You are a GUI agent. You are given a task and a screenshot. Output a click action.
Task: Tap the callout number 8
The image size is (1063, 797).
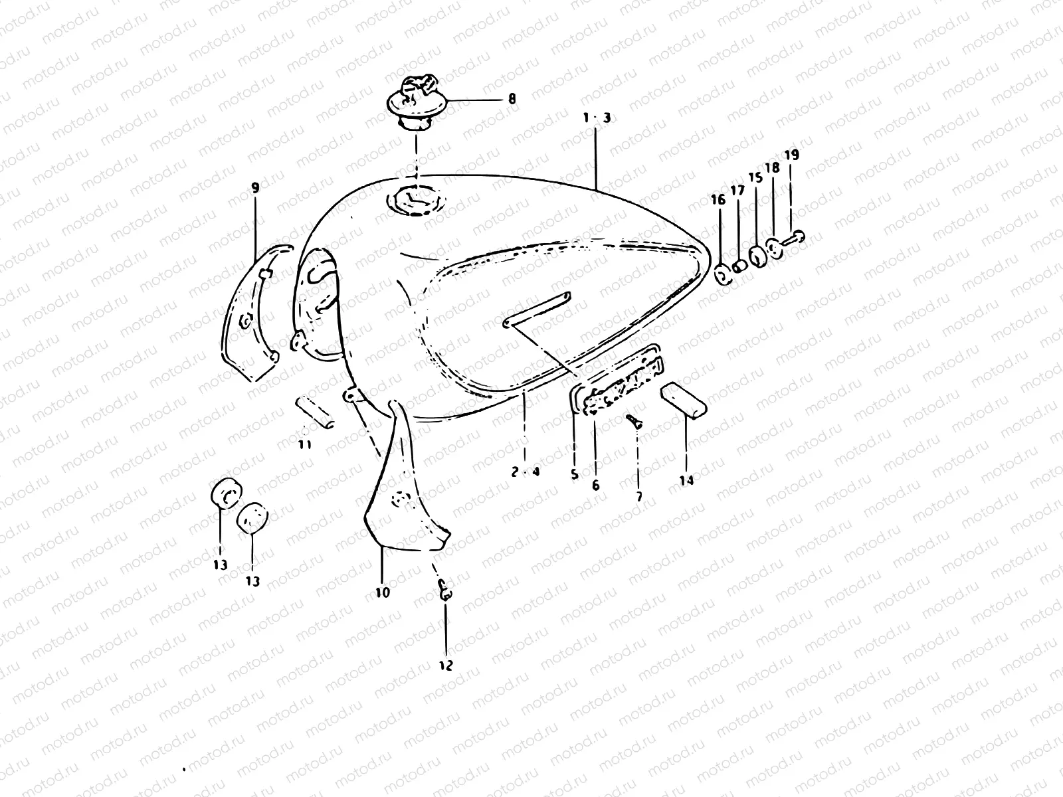[512, 100]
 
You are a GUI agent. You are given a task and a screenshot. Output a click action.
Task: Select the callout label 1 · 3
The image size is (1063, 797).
[597, 118]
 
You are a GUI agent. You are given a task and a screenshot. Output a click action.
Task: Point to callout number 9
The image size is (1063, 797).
[256, 188]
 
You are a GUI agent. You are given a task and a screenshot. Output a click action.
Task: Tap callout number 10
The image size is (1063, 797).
[383, 592]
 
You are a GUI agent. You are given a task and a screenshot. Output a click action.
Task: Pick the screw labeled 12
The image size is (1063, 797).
[445, 590]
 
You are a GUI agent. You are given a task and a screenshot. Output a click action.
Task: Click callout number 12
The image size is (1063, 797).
[446, 665]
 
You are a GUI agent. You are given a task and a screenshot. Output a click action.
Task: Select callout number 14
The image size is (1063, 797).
[686, 480]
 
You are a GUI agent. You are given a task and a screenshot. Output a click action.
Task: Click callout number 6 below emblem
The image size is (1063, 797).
[595, 485]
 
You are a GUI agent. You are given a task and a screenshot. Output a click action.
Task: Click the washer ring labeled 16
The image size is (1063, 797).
[723, 274]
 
